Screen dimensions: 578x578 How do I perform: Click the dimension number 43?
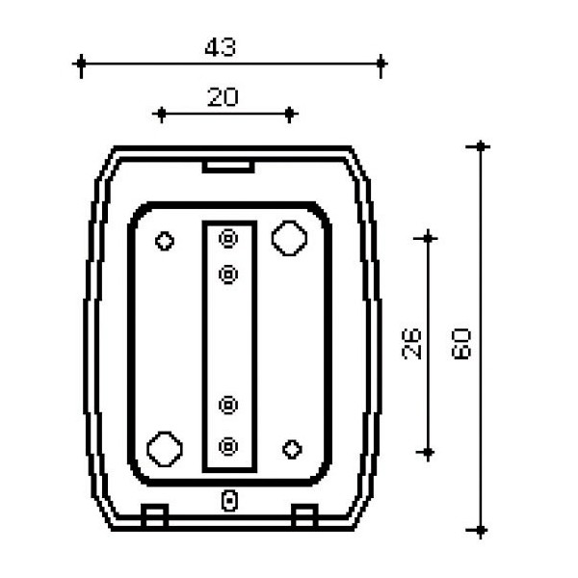(220, 47)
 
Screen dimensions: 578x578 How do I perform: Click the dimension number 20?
(223, 97)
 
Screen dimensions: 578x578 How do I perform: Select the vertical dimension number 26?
(411, 344)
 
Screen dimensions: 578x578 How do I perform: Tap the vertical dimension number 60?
(461, 344)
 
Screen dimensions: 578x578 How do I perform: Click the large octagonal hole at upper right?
(289, 238)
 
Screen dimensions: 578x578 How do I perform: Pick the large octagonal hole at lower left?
(165, 449)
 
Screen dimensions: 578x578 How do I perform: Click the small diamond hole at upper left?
(165, 241)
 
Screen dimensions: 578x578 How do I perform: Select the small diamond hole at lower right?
(292, 449)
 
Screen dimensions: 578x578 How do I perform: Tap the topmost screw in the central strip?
(228, 238)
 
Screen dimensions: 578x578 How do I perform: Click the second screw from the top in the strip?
(228, 275)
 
